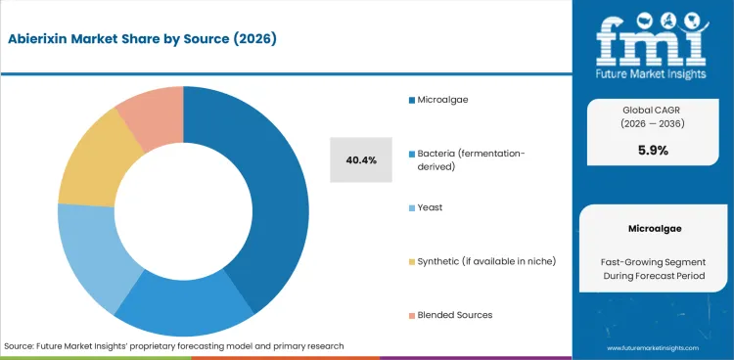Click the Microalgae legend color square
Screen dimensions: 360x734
tap(410, 101)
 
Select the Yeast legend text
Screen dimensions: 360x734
tap(431, 208)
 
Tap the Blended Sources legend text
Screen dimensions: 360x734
tap(455, 315)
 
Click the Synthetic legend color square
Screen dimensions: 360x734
tap(410, 262)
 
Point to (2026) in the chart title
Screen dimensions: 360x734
tap(256, 40)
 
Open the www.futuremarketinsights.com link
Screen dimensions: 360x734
tap(653, 348)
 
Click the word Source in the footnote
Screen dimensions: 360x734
tap(20, 346)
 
